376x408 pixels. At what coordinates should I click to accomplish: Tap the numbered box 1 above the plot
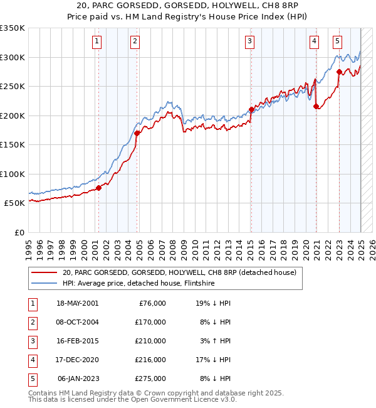coord(98,42)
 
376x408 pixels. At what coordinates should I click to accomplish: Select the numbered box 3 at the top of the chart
coord(250,42)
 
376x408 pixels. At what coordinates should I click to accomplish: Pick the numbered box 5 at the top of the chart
coord(337,42)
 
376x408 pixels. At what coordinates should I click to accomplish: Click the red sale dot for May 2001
coord(98,188)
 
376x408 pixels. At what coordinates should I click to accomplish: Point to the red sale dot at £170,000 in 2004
coord(137,133)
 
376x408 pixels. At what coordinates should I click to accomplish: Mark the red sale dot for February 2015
coord(251,109)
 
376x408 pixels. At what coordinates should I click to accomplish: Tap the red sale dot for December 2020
coord(316,106)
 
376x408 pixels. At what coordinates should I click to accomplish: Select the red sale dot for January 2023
coord(339,72)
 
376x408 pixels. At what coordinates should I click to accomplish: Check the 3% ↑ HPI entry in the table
coord(217,341)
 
